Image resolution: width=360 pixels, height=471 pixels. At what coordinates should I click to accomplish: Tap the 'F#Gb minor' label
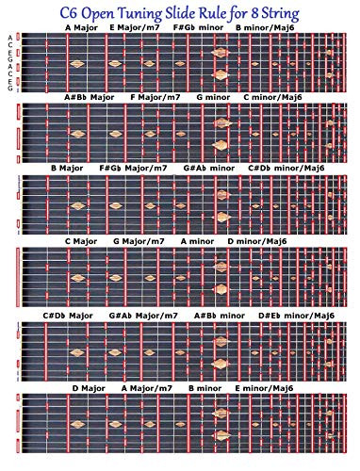pyautogui.click(x=196, y=27)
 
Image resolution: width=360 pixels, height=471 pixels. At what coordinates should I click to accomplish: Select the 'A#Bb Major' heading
pyautogui.click(x=90, y=96)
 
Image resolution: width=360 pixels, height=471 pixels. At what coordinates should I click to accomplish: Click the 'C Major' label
pyautogui.click(x=81, y=240)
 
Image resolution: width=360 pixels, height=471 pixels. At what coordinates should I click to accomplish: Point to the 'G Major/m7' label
pyautogui.click(x=141, y=240)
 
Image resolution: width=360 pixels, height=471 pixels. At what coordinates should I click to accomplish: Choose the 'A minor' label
pyautogui.click(x=198, y=240)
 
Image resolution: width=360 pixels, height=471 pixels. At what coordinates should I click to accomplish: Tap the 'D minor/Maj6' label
pyautogui.click(x=256, y=240)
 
